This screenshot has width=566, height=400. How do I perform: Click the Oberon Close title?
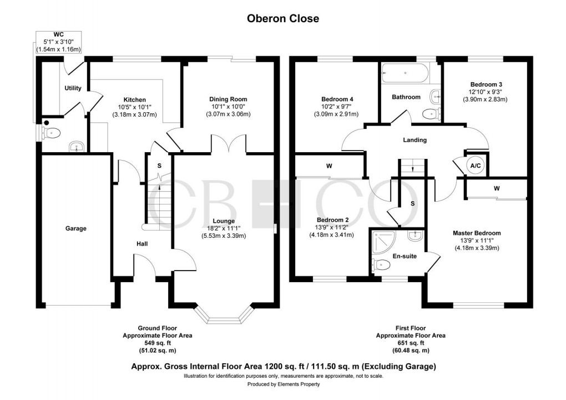click(x=283, y=18)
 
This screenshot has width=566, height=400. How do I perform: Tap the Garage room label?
click(x=75, y=228)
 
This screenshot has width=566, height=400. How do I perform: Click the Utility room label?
click(x=73, y=88)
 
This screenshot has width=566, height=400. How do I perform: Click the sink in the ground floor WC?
click(x=76, y=147)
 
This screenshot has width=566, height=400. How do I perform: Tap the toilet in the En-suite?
click(x=381, y=265)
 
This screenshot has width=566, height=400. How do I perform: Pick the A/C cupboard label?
click(x=475, y=166)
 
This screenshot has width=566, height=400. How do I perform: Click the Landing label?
click(x=415, y=140)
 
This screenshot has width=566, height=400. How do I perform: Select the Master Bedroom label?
click(x=477, y=233)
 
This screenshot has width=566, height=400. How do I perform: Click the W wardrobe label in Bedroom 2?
click(x=329, y=166)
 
